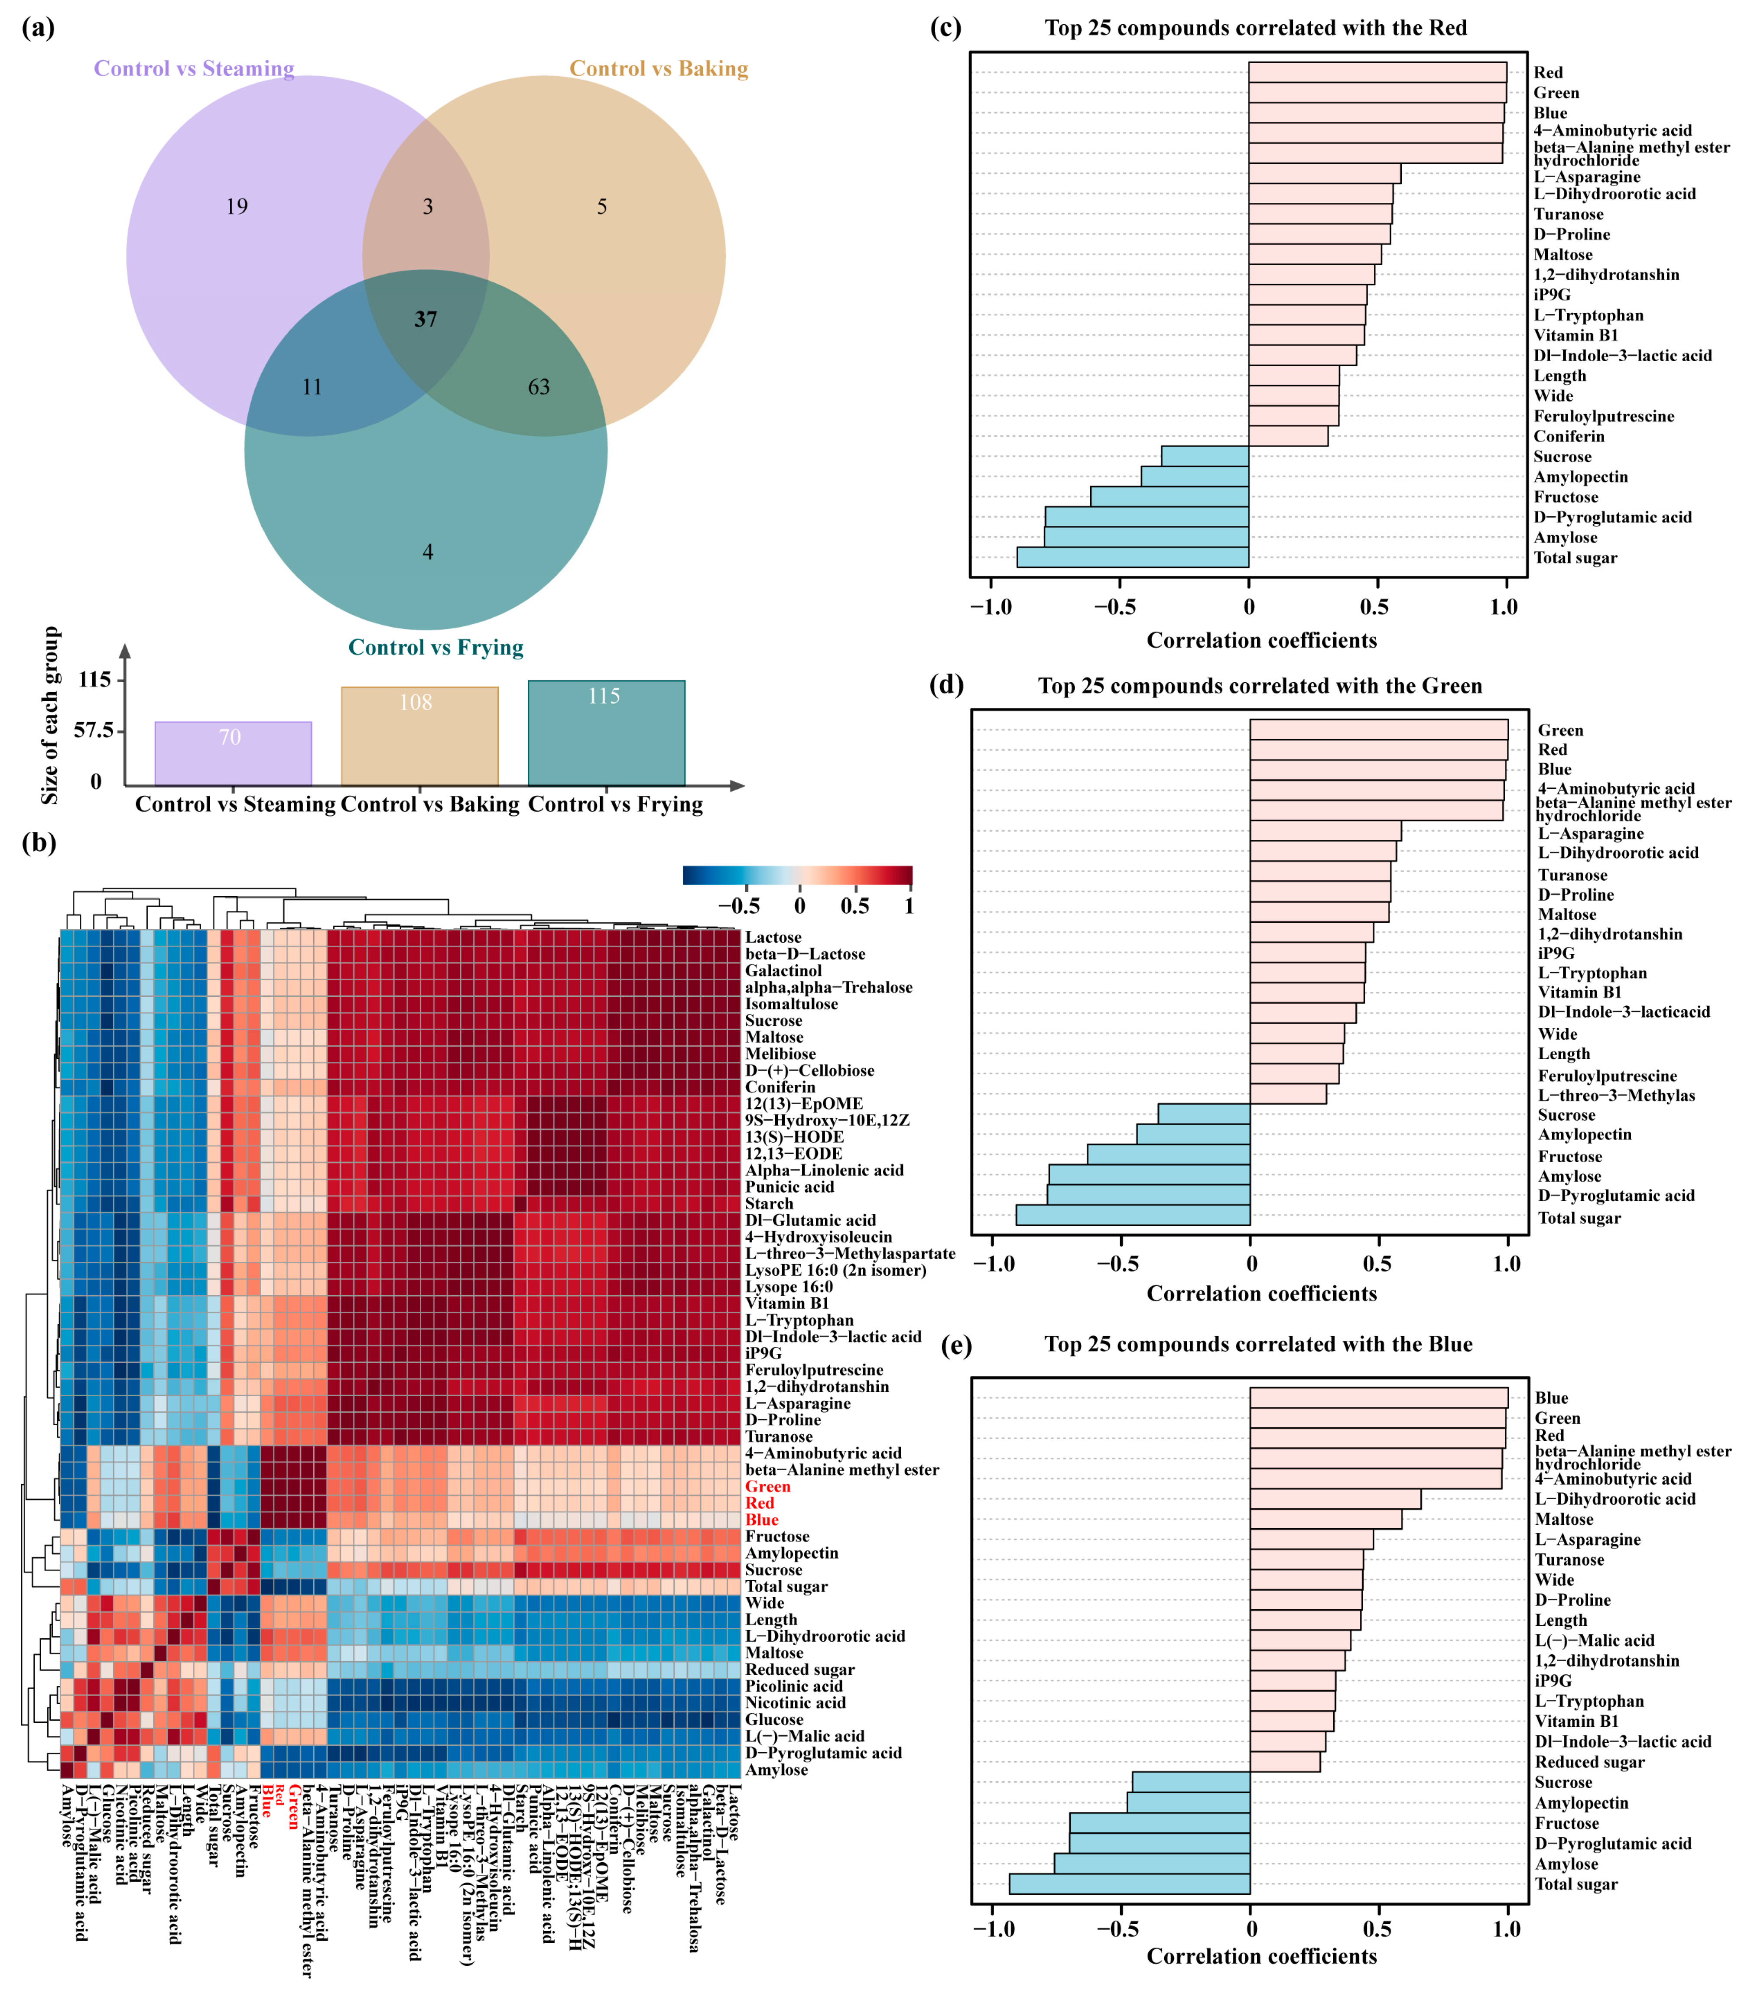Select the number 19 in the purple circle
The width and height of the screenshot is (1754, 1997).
pos(237,206)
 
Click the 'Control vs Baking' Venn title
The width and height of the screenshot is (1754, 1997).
pos(659,68)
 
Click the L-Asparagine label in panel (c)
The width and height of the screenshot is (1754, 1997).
pos(1586,177)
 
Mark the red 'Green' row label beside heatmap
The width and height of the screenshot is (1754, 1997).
pos(767,1486)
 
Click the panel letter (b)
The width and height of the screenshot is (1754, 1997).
pos(38,842)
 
